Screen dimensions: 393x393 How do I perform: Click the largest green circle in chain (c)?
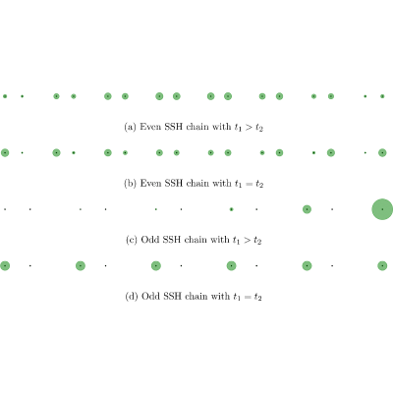coord(382,209)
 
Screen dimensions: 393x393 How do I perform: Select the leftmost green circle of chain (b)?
coord(5,152)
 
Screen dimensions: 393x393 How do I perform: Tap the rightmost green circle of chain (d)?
coord(382,265)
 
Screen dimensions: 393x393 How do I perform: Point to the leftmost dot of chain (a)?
coord(5,96)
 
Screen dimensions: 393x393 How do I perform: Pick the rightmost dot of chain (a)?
coord(382,96)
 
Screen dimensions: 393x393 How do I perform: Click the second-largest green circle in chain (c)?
coord(307,209)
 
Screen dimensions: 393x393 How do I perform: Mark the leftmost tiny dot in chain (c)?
coord(5,209)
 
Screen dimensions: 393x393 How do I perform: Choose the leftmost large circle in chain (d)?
coord(5,265)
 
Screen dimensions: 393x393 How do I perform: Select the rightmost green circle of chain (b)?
coord(382,152)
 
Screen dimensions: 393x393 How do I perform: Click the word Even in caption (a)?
coord(150,127)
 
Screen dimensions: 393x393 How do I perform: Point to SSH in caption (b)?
coord(173,183)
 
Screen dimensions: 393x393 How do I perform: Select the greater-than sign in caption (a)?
coord(249,127)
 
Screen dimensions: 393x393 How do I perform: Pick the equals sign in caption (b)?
coord(249,184)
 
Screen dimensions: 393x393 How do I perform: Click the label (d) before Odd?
coord(132,296)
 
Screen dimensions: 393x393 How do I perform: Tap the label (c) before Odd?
coord(132,240)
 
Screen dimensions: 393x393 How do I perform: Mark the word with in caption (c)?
coord(220,240)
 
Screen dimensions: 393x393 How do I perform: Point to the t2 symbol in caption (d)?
coord(258,297)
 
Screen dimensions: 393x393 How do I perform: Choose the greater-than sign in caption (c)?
coord(248,240)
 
